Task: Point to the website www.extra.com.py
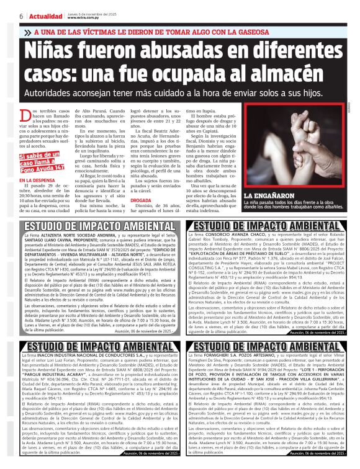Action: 83,18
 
